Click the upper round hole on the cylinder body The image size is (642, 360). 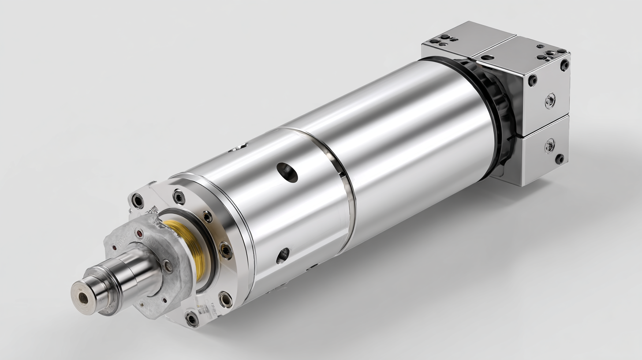click(x=287, y=172)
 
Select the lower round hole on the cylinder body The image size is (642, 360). click(x=283, y=255)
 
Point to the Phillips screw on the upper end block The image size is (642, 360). click(x=550, y=101)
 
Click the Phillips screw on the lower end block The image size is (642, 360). click(x=549, y=145)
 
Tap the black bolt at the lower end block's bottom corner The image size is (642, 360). click(x=560, y=159)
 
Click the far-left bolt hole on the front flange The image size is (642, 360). click(x=138, y=201)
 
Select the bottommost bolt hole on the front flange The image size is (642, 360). click(x=192, y=318)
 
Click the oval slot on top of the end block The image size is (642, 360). click(x=487, y=57)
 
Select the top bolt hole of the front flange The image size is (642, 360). click(x=179, y=196)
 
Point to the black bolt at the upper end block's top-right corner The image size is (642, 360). click(x=564, y=65)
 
